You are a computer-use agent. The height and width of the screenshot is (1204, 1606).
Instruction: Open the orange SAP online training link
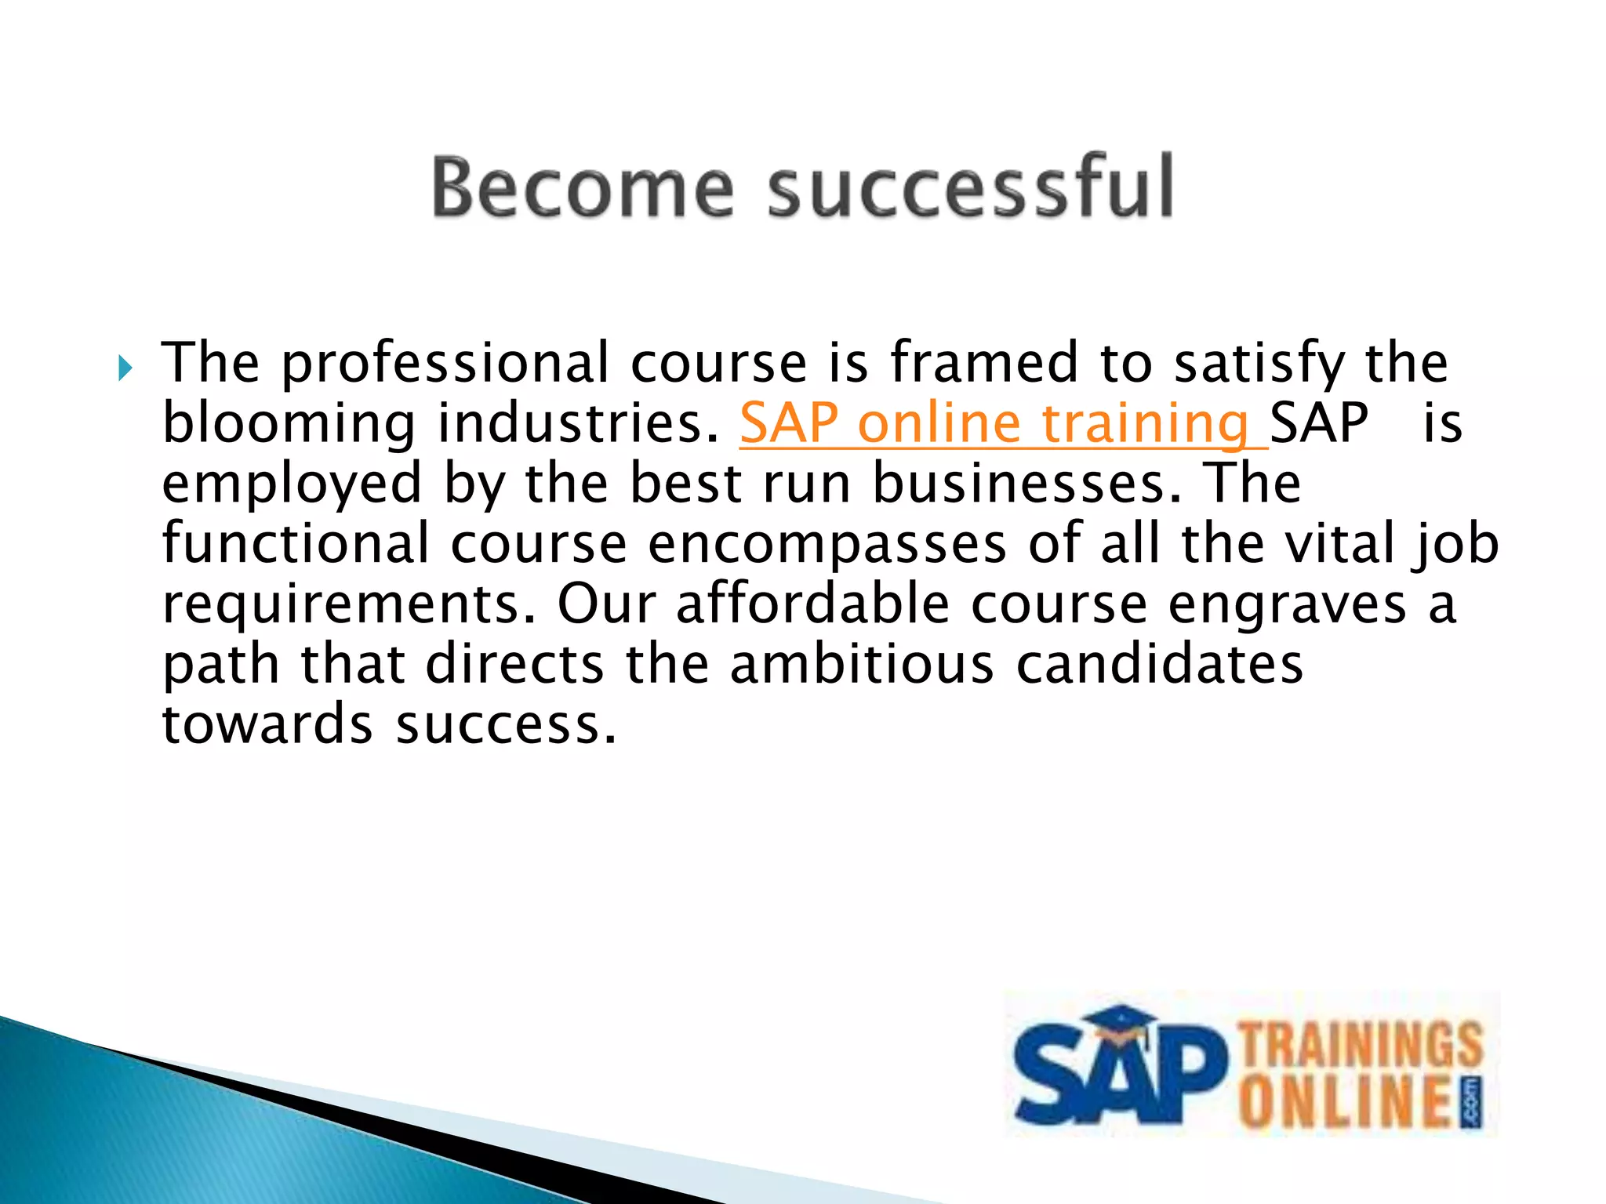point(1002,424)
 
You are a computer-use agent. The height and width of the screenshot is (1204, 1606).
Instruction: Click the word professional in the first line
point(445,364)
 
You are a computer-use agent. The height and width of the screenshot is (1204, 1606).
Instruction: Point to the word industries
point(578,424)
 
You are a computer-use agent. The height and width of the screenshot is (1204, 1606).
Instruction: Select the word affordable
point(812,604)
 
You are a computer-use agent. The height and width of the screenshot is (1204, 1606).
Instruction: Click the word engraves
point(1287,604)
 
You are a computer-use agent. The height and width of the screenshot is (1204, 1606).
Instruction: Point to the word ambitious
point(861,664)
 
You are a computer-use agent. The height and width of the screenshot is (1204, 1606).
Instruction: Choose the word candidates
point(1159,664)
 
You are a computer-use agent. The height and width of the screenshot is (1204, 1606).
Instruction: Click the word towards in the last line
point(267,723)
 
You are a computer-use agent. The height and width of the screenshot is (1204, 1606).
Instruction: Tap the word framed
point(983,364)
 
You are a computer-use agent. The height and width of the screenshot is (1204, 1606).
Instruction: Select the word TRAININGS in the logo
point(1361,1043)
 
